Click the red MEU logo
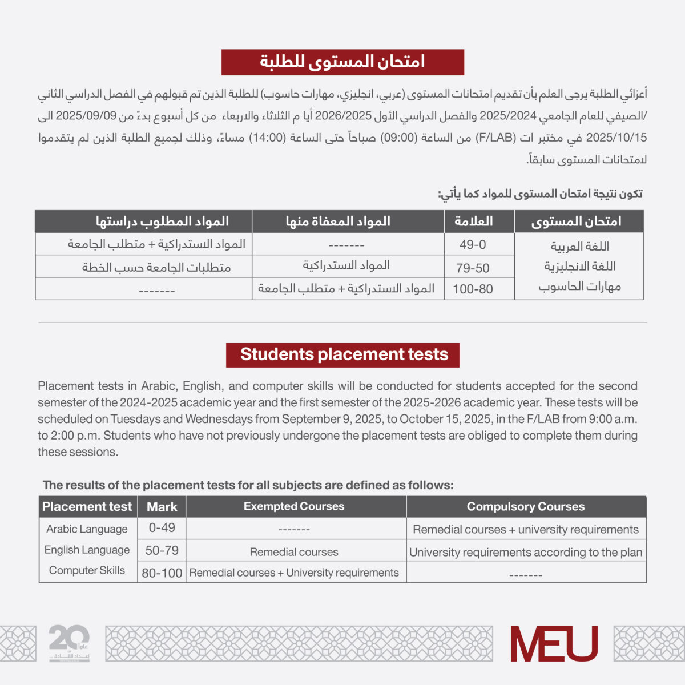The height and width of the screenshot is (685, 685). click(x=554, y=643)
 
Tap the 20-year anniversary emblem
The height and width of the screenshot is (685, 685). click(x=69, y=642)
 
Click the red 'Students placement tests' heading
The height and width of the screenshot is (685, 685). click(x=343, y=354)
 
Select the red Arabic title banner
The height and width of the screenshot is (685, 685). click(x=342, y=62)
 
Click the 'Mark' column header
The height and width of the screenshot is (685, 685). click(x=162, y=507)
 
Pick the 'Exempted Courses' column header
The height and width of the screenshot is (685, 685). click(x=294, y=506)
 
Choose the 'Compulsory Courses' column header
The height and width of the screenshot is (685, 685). click(x=526, y=506)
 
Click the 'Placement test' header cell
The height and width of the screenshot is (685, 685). click(x=87, y=507)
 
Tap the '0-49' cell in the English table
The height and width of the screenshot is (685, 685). click(x=162, y=528)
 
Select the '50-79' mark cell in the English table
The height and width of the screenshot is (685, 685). click(x=162, y=550)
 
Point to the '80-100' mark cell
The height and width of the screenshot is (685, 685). click(x=162, y=573)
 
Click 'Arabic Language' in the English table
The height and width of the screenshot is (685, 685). click(x=87, y=529)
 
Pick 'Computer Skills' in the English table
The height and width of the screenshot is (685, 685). click(x=87, y=570)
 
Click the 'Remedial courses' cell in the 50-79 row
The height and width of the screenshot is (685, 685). click(x=294, y=552)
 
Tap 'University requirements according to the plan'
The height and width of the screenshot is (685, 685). click(x=526, y=552)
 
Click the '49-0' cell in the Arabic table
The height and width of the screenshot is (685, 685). click(x=473, y=245)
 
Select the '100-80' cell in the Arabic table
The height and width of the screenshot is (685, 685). click(x=473, y=289)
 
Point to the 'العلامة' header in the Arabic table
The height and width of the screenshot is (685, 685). click(x=473, y=221)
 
